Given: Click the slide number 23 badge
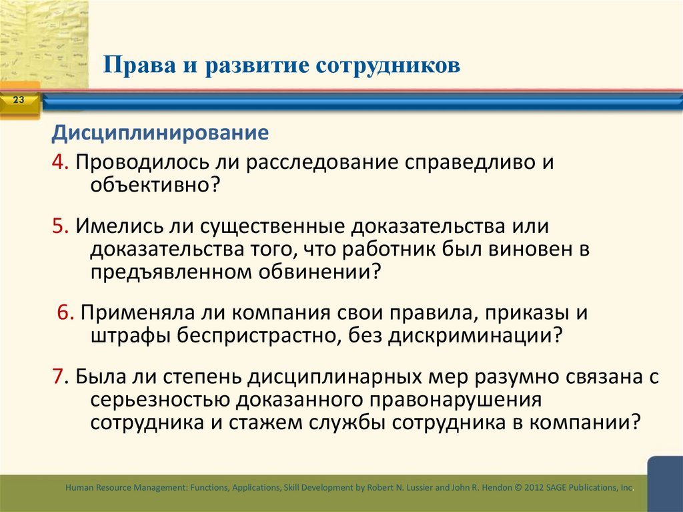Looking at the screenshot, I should coord(18,101).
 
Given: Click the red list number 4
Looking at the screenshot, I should coord(59,162).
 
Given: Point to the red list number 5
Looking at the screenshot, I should coord(59,226).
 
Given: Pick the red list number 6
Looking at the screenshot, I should coord(64,312).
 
